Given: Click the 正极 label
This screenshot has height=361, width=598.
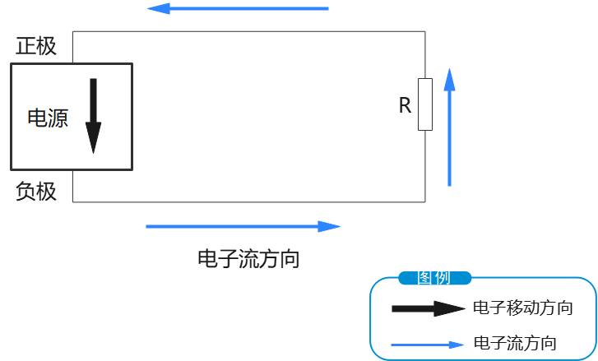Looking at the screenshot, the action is [x=36, y=46].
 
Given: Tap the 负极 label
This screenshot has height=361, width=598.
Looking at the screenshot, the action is [x=36, y=192].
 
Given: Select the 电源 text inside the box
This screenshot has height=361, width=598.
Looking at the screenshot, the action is [x=48, y=118].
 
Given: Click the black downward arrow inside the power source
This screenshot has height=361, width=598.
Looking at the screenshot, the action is [x=93, y=115].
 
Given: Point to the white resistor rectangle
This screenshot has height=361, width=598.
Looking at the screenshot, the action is [x=425, y=104].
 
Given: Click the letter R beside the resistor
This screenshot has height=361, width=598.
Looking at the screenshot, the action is [x=405, y=105].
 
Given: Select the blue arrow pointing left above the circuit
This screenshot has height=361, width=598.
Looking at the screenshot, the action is [x=238, y=9].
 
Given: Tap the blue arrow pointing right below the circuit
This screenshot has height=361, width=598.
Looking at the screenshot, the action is [x=243, y=226].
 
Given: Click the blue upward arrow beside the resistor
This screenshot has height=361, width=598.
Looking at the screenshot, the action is [x=449, y=127].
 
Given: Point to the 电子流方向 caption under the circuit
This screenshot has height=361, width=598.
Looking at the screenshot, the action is [x=248, y=260].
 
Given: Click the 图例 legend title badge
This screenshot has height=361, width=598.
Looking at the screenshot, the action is [x=434, y=278].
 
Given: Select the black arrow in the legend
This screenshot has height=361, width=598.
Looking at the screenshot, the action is [x=428, y=309].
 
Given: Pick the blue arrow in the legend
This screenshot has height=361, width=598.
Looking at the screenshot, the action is [x=428, y=345].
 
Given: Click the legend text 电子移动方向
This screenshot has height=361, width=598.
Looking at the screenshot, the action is [x=523, y=308].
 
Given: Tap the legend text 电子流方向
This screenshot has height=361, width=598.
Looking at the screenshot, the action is [x=516, y=343].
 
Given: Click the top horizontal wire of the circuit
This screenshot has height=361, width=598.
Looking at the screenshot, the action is [x=247, y=31].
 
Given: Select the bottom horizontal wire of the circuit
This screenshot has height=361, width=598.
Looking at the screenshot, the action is [x=247, y=201].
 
